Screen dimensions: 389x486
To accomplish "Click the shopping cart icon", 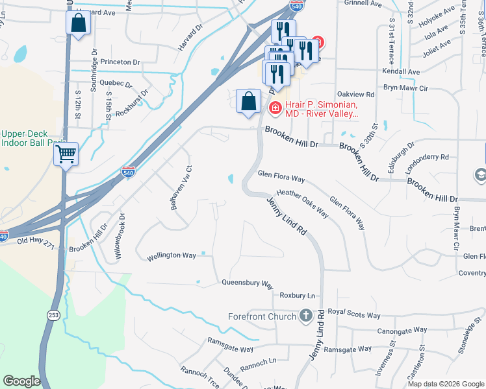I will (66, 154).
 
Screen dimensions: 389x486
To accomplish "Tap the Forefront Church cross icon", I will (305, 316).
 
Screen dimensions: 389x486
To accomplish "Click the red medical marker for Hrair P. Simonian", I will (275, 108).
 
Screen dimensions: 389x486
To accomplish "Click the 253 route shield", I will (53, 314).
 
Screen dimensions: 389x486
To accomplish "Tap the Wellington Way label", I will (171, 255).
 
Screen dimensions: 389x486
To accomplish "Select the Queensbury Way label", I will (248, 283).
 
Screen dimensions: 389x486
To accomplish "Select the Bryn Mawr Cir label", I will (406, 88).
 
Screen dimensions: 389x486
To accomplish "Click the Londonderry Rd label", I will (427, 157).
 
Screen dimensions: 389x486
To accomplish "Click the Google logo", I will (21, 381).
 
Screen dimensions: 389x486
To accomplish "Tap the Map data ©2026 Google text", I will (445, 384).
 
